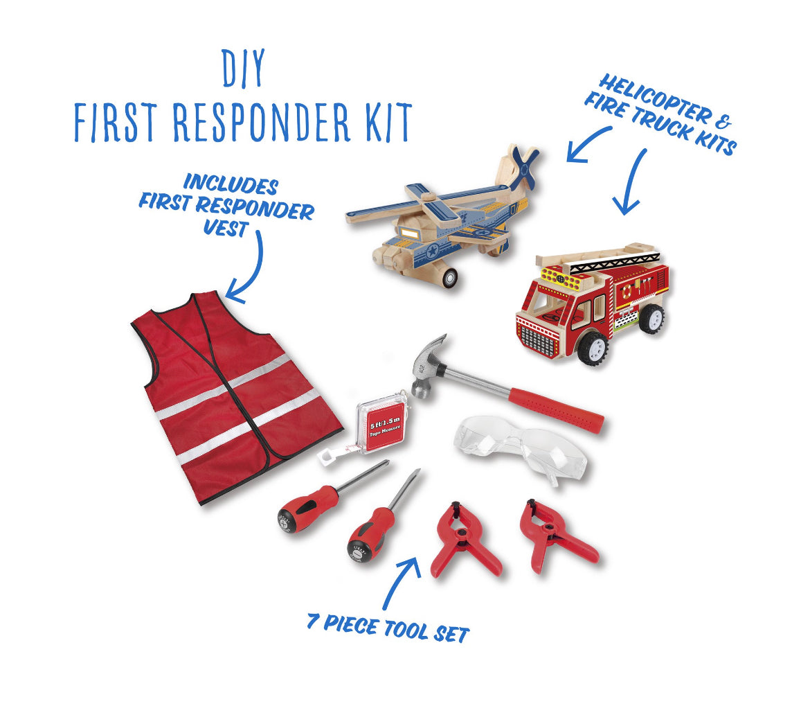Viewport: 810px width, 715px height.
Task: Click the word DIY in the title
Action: (x=244, y=68)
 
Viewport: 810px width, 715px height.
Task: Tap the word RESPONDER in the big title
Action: (x=262, y=122)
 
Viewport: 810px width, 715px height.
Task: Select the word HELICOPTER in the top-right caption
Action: (x=654, y=98)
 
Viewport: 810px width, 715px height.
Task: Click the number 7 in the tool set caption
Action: (x=312, y=620)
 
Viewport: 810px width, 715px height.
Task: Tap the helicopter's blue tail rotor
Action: (x=525, y=166)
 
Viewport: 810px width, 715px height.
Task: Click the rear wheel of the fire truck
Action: (x=652, y=319)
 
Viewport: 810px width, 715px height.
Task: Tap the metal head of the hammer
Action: (x=429, y=365)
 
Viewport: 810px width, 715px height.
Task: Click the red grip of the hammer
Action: (x=556, y=409)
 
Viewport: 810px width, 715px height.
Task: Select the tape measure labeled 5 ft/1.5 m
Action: (x=380, y=423)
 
